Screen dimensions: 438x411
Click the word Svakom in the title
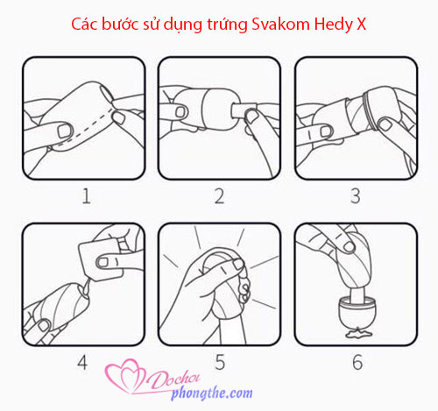pos(280,24)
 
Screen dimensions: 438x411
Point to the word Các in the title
pos(84,24)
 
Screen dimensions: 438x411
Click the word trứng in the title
pos(228,25)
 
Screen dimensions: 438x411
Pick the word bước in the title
pos(120,24)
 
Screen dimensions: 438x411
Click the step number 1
pos(86,196)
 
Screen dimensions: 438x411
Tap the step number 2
pos(219,196)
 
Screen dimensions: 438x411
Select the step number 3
pos(356,196)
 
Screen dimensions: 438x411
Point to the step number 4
pos(82,363)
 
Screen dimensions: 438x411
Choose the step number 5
pos(220,363)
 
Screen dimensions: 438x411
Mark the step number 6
pos(357,363)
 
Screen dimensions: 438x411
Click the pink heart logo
pos(125,376)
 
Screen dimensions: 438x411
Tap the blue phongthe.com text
pos(212,393)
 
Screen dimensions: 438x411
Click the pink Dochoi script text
pos(173,379)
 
